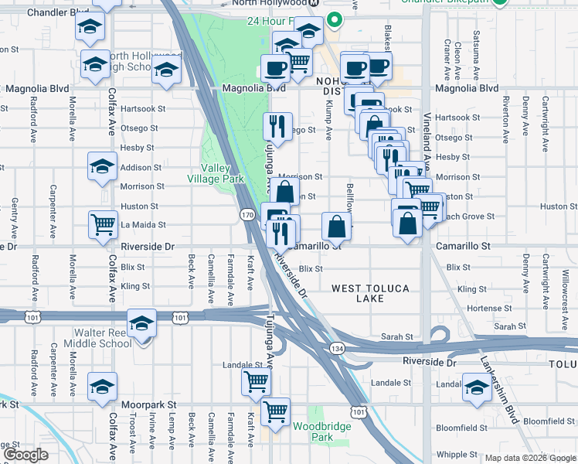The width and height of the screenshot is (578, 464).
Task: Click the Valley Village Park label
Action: pyautogui.click(x=222, y=174)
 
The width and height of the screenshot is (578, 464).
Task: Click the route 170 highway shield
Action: pyautogui.click(x=246, y=215)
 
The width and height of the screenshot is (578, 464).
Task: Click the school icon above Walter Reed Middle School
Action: pyautogui.click(x=142, y=322)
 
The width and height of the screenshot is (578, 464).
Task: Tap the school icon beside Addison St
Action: pyautogui.click(x=102, y=167)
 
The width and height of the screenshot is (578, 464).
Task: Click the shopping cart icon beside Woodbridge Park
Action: pyautogui.click(x=275, y=411)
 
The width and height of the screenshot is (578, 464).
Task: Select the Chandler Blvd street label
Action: pyautogui.click(x=57, y=13)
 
